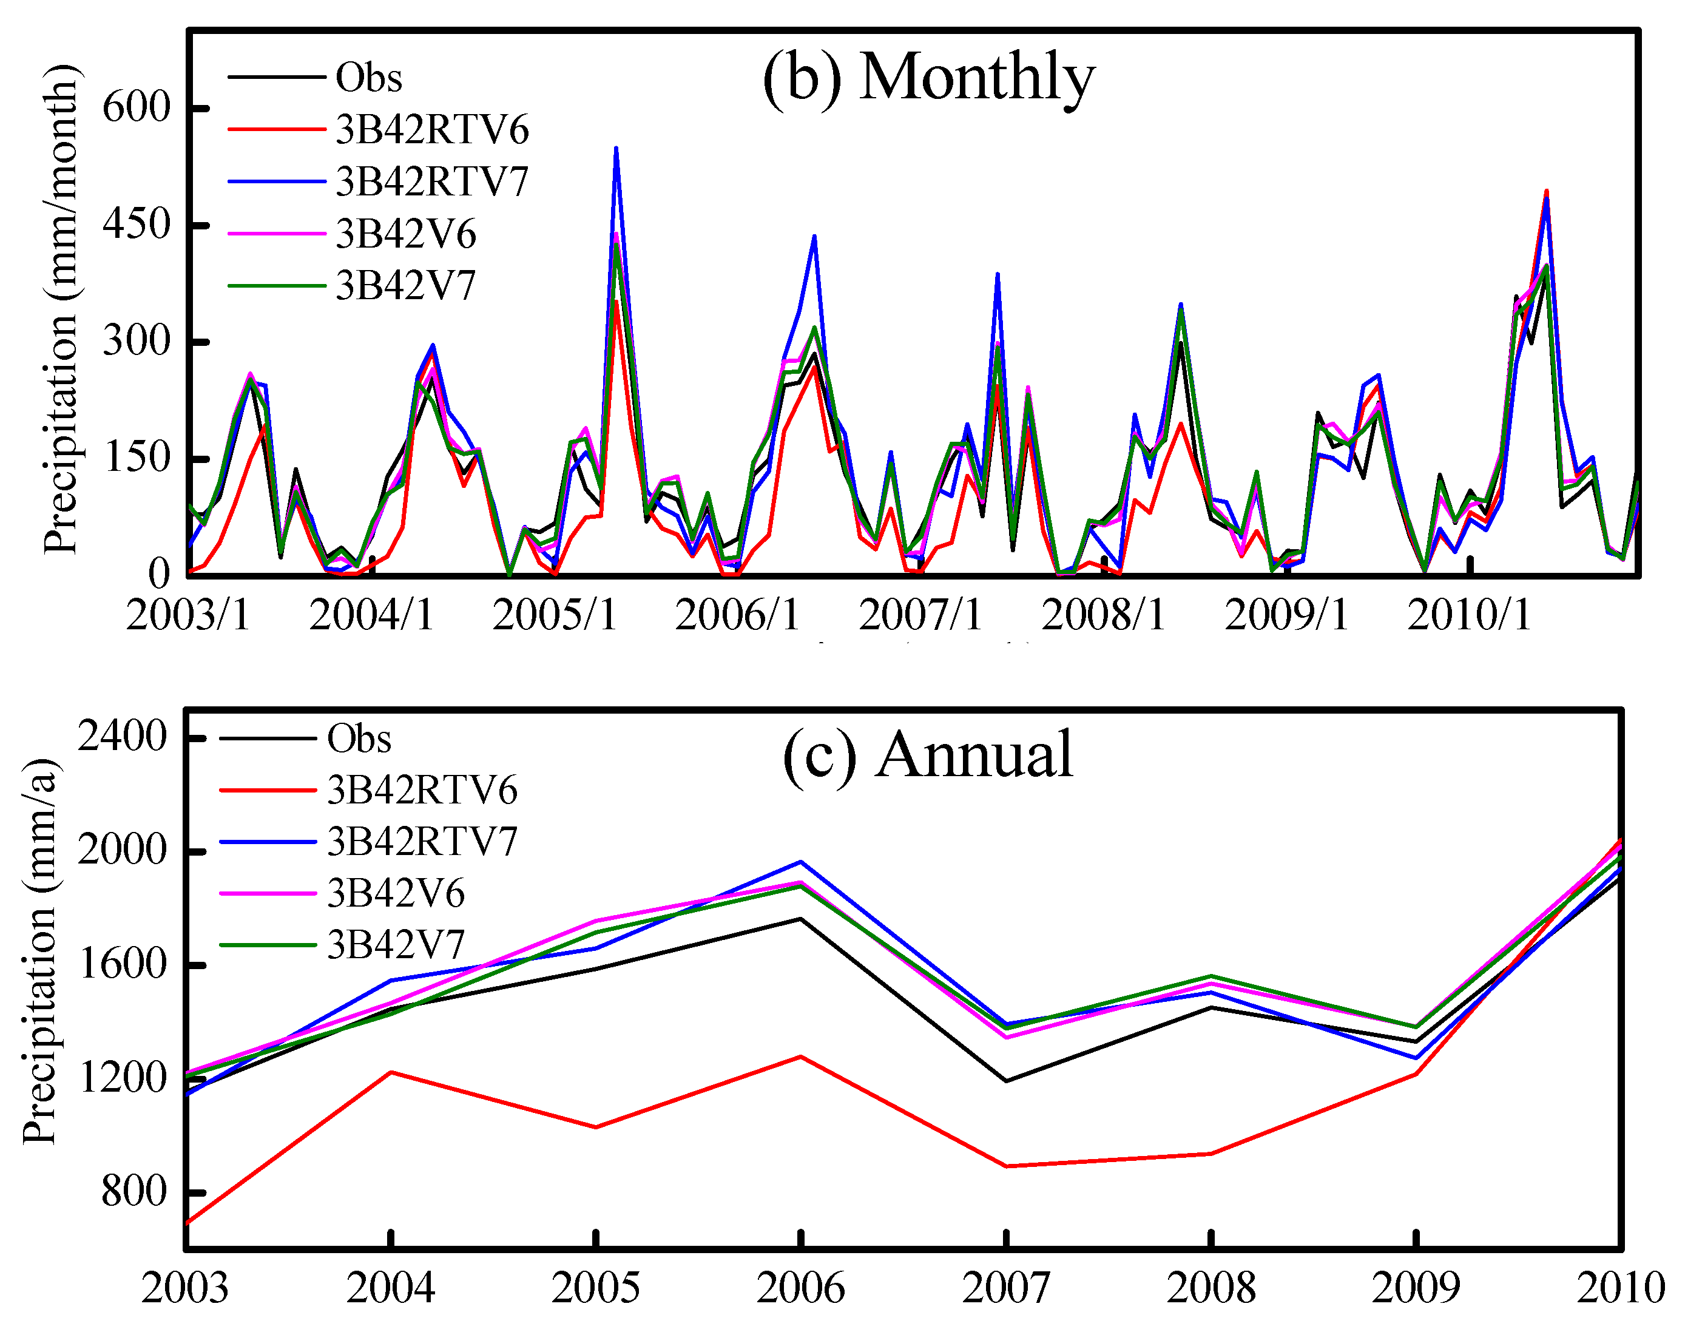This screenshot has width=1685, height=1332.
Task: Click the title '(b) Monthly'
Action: tap(928, 78)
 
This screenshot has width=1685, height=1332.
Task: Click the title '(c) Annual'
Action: tap(928, 755)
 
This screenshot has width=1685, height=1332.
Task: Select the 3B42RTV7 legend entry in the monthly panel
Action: tap(432, 181)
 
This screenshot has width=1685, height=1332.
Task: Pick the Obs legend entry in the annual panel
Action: tap(359, 738)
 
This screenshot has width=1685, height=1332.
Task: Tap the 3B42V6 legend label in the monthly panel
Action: tap(405, 233)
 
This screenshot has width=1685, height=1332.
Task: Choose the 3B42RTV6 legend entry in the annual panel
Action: tap(422, 789)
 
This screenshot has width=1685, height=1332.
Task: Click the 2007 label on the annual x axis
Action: tap(1006, 1288)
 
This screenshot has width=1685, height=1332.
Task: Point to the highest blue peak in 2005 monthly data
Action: tap(616, 148)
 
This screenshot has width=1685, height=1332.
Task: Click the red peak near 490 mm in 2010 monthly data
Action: tap(1546, 191)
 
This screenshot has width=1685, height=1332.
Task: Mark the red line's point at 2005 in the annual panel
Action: tap(596, 1127)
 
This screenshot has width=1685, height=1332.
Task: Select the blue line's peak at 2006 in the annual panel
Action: tap(801, 862)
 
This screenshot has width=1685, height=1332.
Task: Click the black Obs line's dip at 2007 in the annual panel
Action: tap(1006, 1081)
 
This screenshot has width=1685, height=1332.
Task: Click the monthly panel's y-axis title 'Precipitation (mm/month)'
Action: tap(61, 309)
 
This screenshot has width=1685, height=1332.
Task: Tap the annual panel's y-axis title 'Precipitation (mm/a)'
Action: tap(39, 952)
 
